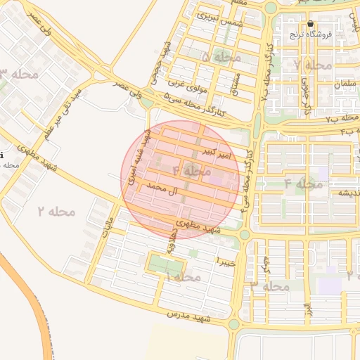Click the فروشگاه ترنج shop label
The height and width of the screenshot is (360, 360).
310,34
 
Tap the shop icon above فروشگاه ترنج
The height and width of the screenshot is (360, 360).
310,23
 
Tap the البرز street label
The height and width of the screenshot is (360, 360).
307,309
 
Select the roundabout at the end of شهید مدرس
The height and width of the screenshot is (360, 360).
234,325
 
